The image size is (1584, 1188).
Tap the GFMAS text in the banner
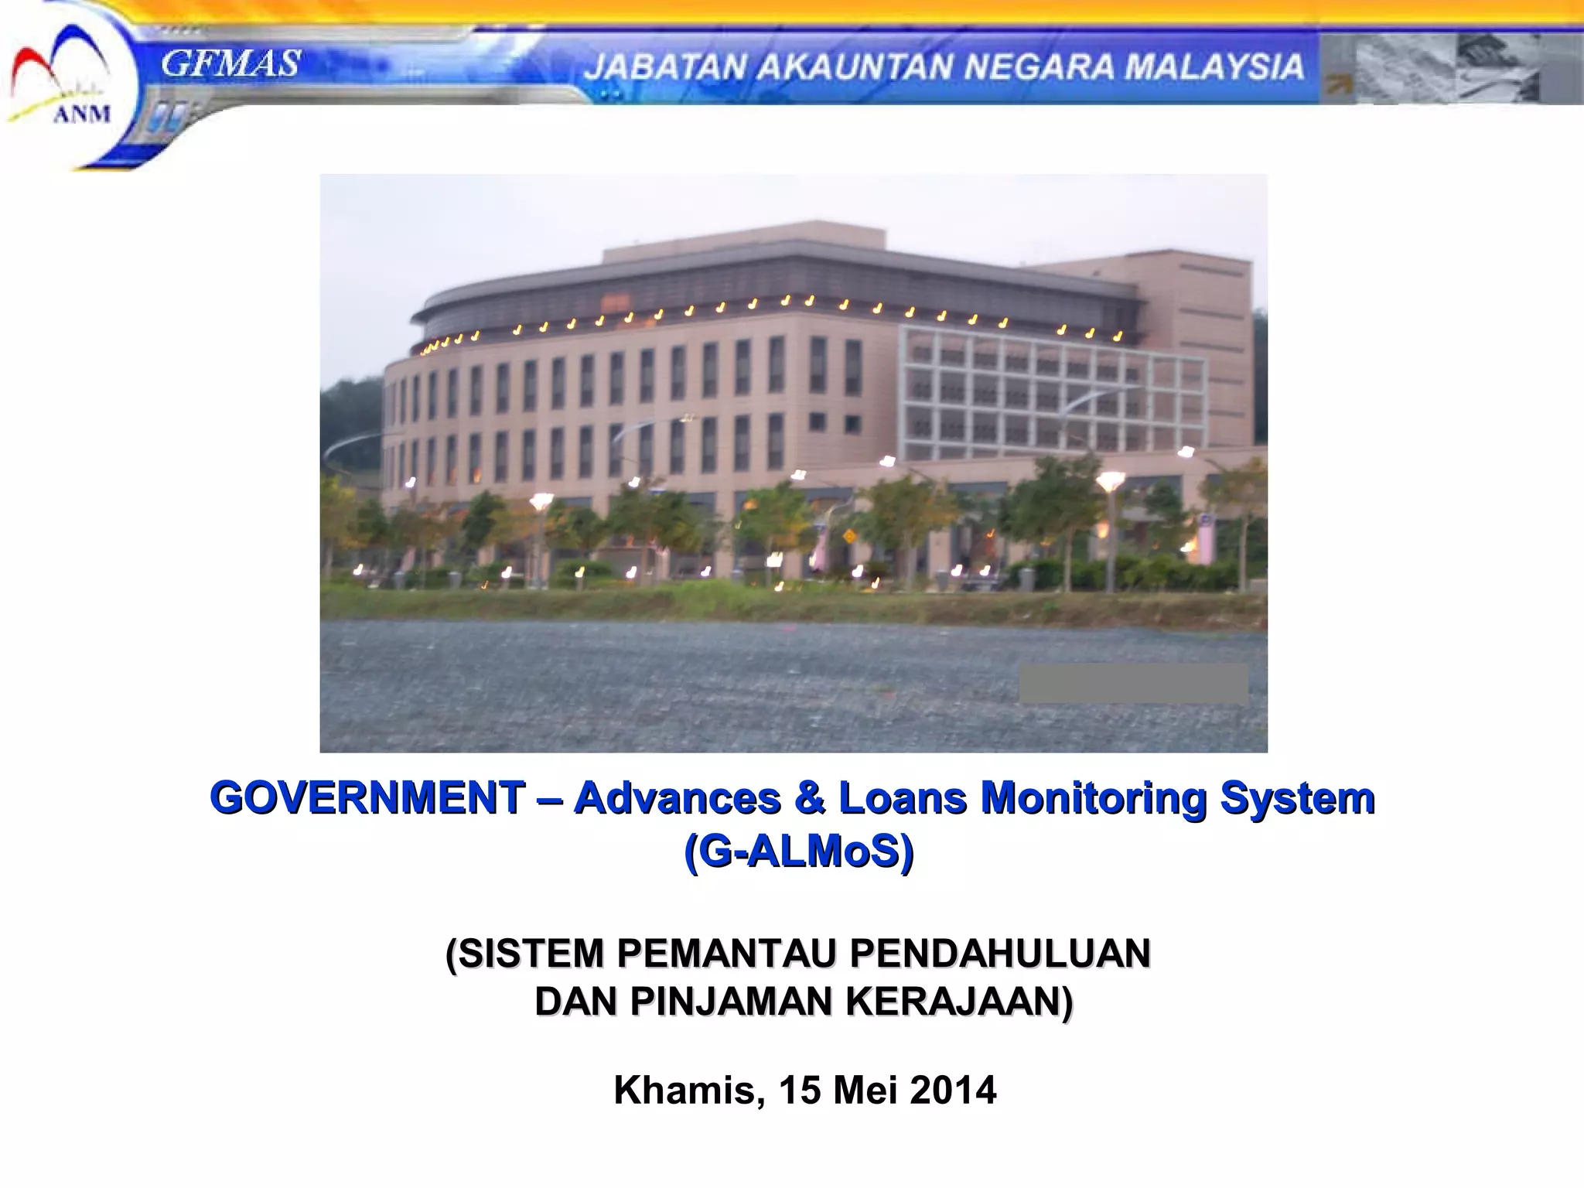[x=230, y=63]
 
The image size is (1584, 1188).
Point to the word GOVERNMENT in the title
[x=368, y=797]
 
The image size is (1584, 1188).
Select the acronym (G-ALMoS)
[x=799, y=852]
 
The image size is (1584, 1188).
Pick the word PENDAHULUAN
[x=1000, y=953]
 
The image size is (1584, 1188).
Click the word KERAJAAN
[x=959, y=1001]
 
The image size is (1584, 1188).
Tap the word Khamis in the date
[x=684, y=1090]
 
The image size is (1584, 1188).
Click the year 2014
[x=953, y=1090]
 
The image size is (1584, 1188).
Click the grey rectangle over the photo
[x=1133, y=683]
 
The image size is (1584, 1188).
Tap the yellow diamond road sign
[x=849, y=535]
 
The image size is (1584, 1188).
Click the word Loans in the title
[x=903, y=797]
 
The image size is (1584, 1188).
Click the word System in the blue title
[x=1297, y=797]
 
